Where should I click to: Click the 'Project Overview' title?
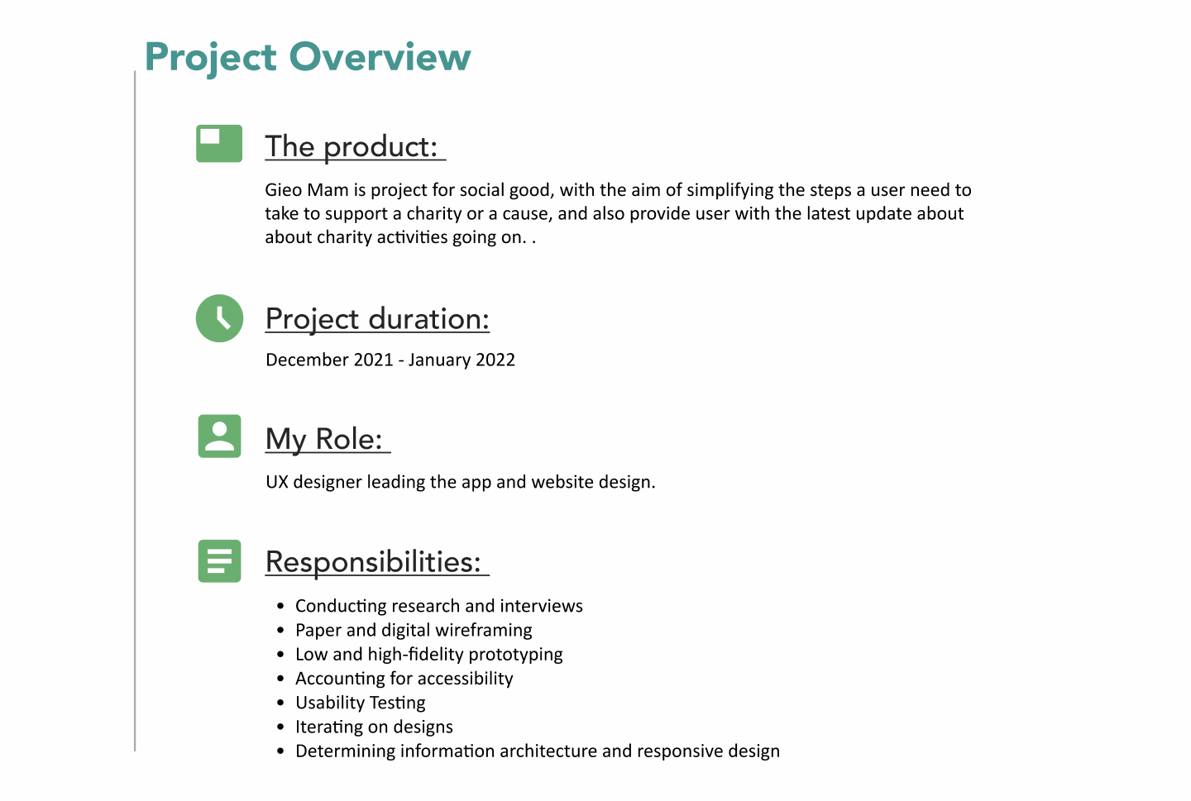(308, 57)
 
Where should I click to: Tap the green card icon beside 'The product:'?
(219, 144)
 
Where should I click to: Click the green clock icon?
(220, 318)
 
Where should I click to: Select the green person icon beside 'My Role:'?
(220, 436)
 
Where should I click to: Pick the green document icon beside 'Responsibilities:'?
(220, 561)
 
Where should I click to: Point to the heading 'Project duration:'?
(377, 319)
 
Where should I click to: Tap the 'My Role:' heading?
(324, 440)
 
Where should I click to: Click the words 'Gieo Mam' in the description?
(307, 190)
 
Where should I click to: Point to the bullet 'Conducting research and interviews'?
(439, 606)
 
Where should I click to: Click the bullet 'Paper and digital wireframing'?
(414, 631)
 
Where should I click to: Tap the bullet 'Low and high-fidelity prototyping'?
(429, 655)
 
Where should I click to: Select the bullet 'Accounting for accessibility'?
(404, 679)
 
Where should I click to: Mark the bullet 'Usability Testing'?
(361, 703)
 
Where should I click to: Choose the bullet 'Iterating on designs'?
(375, 727)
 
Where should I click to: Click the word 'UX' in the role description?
(277, 482)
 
